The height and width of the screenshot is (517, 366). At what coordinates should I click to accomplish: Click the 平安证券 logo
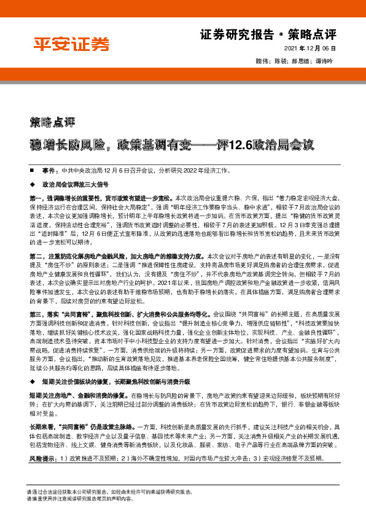pos(71,44)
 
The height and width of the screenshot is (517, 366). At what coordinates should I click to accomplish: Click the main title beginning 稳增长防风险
pos(173,146)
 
